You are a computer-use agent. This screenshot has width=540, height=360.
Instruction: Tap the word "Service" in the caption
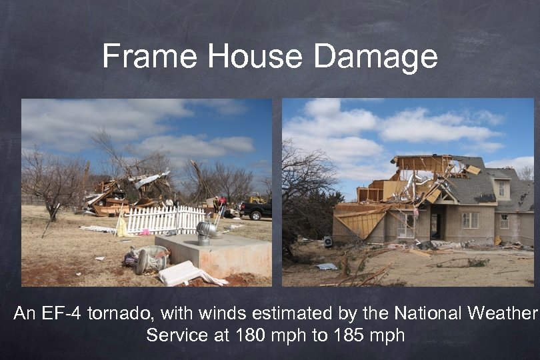pos(176,334)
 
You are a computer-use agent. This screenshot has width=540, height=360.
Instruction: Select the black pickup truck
pos(256,210)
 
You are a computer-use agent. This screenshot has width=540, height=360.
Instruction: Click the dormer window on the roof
pos(501,188)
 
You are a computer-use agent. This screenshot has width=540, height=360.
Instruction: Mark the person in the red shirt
pos(222,201)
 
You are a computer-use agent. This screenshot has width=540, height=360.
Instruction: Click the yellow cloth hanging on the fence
pos(121,227)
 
